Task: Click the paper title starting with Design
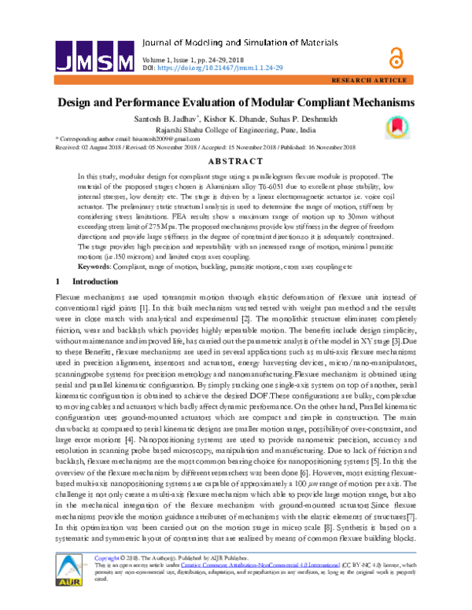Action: click(x=235, y=103)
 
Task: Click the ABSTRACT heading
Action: click(x=235, y=162)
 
